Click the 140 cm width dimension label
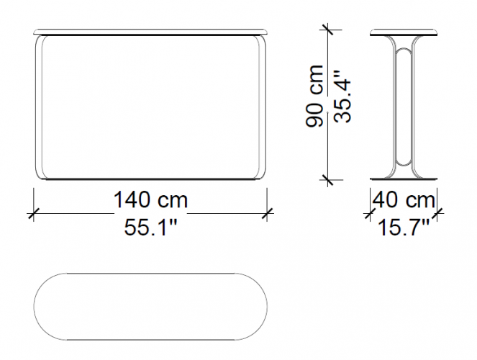point(150,200)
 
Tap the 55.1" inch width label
point(150,228)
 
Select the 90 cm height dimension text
point(314,96)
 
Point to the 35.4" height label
point(342,96)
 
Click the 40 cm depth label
point(404,200)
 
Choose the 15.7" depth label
point(404,228)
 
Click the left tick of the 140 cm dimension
point(34,213)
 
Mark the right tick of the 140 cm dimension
point(267,213)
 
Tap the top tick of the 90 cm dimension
point(327,30)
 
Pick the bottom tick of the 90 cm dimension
point(327,180)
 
